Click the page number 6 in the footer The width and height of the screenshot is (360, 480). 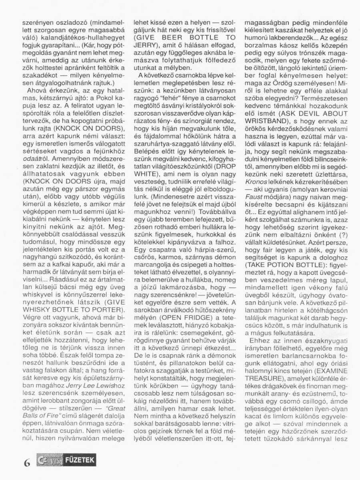tap(27, 463)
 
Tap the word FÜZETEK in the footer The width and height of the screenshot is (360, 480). tap(81, 460)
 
